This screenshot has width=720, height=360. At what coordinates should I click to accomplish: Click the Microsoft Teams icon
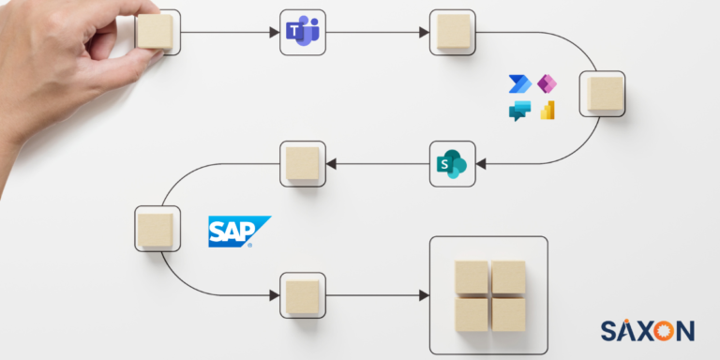point(302,32)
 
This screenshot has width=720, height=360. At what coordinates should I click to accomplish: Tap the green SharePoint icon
point(452,164)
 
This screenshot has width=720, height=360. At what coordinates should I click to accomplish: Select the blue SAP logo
point(236,231)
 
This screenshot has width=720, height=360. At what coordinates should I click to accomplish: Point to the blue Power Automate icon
point(518,85)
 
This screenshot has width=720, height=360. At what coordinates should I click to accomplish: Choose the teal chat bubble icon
point(519,111)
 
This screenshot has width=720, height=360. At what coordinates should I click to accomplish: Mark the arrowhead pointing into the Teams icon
point(274,33)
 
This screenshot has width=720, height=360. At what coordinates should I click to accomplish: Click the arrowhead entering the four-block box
point(424,295)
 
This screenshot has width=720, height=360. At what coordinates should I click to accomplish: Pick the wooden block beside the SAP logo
point(155,229)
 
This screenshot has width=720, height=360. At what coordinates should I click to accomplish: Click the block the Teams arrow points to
point(452,32)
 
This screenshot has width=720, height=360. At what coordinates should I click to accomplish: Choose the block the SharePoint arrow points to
point(302,164)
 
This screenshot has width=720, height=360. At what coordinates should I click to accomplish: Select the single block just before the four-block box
point(302,295)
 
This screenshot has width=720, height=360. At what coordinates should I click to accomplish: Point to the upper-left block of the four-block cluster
point(471,277)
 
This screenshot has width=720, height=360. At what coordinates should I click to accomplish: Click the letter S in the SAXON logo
point(607,330)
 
